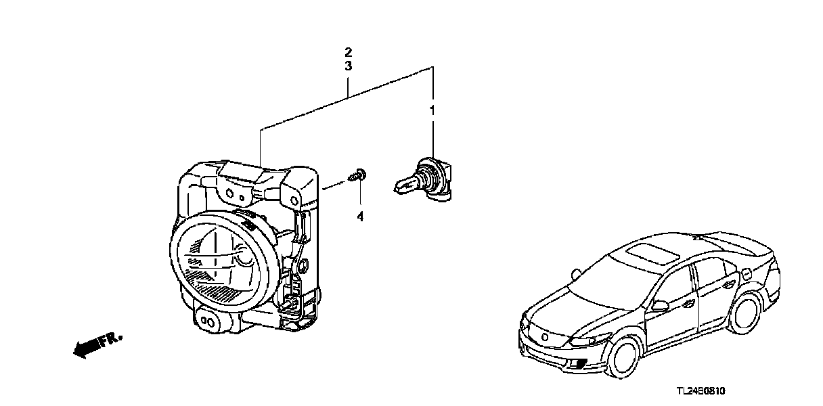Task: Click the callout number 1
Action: tap(431, 109)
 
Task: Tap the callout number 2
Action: tap(348, 52)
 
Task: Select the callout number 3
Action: tap(348, 66)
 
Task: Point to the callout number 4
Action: tap(360, 217)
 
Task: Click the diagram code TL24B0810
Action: tap(706, 392)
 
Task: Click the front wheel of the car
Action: tap(621, 359)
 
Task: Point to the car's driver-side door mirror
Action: tap(659, 305)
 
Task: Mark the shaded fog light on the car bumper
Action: tap(579, 366)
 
